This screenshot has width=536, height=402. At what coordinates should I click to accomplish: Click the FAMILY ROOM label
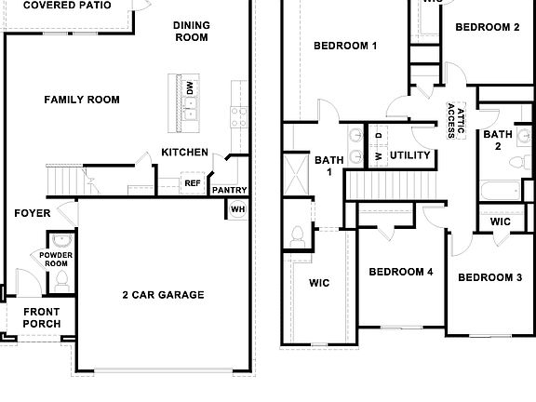82,99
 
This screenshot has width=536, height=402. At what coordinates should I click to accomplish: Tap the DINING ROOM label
193,32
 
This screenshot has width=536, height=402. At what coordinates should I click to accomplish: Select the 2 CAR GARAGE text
163,295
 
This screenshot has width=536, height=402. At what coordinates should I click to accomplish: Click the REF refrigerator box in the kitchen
193,184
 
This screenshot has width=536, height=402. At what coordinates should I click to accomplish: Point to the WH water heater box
237,209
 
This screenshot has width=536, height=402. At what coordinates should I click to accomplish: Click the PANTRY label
229,191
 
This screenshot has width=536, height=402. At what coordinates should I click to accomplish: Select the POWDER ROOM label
57,258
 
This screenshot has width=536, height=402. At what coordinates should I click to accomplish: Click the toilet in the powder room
61,278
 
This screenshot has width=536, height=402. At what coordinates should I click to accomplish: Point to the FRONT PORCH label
42,318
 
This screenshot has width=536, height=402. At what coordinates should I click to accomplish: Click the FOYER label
33,213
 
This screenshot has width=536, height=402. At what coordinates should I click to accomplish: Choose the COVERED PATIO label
62,5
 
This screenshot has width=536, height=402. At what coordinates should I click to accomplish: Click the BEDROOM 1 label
344,46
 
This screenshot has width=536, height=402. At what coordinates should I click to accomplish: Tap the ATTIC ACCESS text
455,119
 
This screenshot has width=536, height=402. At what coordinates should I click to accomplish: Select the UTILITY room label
409,155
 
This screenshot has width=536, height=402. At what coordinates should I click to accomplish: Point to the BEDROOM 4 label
400,272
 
